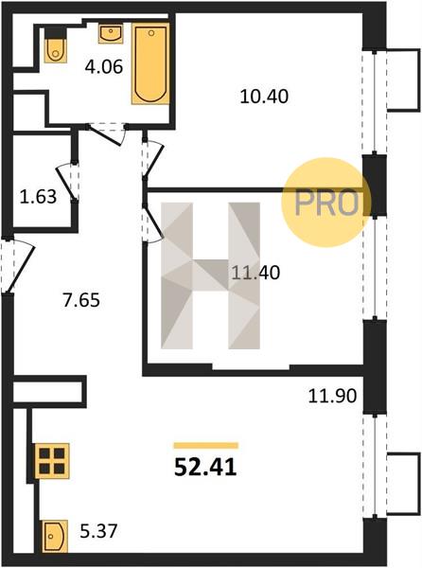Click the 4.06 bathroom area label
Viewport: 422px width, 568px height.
[x=104, y=67]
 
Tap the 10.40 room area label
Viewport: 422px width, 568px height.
[x=264, y=97]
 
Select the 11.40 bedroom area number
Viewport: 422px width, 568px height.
[x=255, y=273]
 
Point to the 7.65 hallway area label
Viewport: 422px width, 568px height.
[x=81, y=301]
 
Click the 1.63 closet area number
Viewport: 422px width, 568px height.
[x=38, y=197]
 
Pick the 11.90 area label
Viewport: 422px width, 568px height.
[x=333, y=396]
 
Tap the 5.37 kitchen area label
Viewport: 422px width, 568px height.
[x=98, y=531]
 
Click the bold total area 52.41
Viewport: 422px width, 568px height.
[x=205, y=468]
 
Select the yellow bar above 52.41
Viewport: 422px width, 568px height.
[x=206, y=446]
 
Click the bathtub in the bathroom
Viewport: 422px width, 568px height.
[x=150, y=63]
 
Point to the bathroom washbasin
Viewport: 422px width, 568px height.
[x=111, y=34]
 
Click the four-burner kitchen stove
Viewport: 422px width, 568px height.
[x=51, y=461]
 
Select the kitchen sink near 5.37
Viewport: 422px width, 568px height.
[x=55, y=536]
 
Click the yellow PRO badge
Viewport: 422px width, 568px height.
[x=326, y=203]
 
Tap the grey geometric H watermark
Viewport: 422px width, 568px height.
[x=210, y=275]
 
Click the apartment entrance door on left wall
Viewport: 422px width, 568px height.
[x=17, y=264]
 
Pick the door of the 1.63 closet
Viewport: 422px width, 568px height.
[x=68, y=182]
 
